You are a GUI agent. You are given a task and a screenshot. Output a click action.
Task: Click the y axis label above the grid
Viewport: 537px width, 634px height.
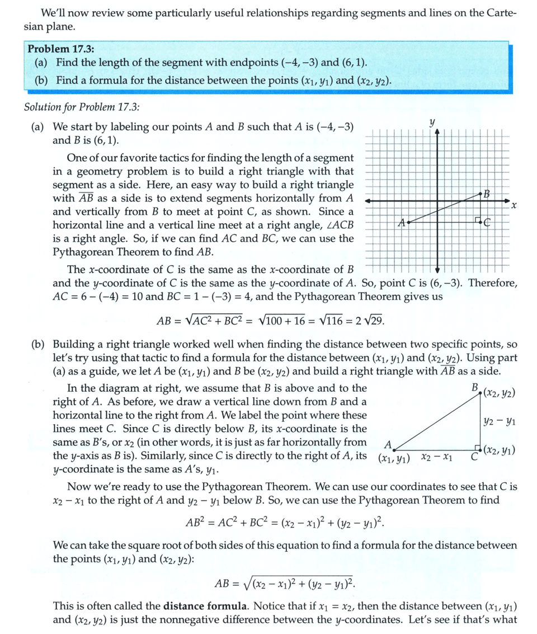(x=432, y=120)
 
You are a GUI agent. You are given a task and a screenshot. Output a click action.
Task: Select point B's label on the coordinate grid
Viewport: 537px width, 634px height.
(x=487, y=194)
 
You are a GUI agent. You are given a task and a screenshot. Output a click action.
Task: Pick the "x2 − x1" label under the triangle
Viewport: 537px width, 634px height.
(x=436, y=458)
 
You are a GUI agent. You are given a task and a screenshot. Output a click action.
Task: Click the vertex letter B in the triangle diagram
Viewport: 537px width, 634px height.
(x=474, y=387)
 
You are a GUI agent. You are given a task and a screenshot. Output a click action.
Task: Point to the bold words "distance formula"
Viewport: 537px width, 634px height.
(x=199, y=605)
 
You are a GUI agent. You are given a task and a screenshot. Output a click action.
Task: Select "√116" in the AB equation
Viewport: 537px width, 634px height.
(x=335, y=321)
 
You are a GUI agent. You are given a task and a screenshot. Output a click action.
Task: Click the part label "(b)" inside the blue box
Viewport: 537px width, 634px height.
(x=41, y=81)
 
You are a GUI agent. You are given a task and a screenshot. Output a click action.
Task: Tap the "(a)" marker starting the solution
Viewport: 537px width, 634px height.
(x=37, y=127)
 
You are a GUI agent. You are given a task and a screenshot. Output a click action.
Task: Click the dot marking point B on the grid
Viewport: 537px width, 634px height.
(x=481, y=193)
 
